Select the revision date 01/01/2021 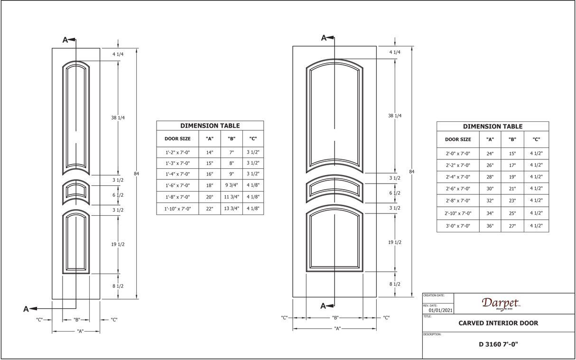[x=440, y=310]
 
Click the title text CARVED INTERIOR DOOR [x=498, y=323]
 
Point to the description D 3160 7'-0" [x=498, y=344]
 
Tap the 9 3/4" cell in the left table [x=232, y=185]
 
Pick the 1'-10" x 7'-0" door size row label [x=177, y=209]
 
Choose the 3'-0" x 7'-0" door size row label [x=458, y=226]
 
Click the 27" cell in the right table [x=512, y=226]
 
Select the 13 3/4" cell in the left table [x=232, y=209]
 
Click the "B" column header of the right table [x=512, y=139]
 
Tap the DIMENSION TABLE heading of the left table [x=210, y=126]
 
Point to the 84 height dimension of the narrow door [x=136, y=174]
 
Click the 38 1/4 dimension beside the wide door [x=395, y=116]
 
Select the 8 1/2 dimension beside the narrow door [x=118, y=286]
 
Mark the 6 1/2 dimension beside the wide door [x=395, y=193]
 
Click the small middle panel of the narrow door [x=76, y=193]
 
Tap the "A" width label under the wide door [x=337, y=329]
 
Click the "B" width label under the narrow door [x=77, y=320]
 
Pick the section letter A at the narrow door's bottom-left [x=26, y=309]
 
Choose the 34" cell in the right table [x=490, y=213]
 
